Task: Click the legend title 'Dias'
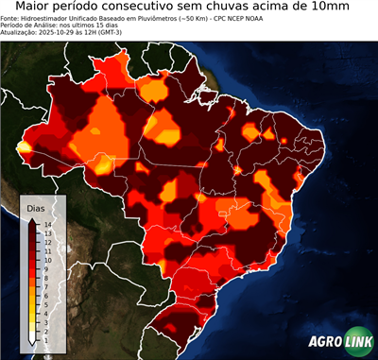(x=35, y=207)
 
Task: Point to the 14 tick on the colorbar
(x=46, y=224)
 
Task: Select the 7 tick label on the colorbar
(x=46, y=281)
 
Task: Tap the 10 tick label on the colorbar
(x=46, y=256)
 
